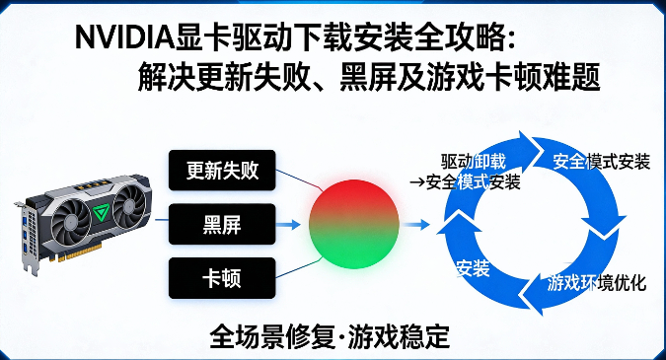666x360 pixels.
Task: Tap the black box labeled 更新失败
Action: (x=222, y=171)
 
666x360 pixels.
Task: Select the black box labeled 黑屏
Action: (x=222, y=225)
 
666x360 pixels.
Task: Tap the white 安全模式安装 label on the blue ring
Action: (x=601, y=162)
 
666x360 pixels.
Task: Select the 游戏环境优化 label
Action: (x=596, y=284)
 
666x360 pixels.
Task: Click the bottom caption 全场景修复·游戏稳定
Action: (x=330, y=336)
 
